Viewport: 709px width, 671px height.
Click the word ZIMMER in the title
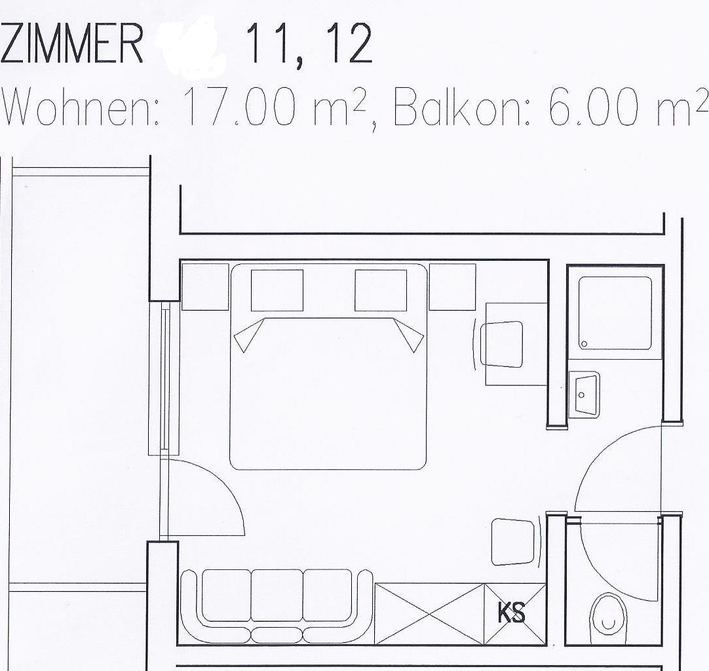(72, 44)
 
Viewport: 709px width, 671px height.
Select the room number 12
(351, 44)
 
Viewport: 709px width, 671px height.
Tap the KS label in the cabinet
(511, 613)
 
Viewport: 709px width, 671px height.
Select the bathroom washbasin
(584, 394)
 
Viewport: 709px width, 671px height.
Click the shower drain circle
(584, 344)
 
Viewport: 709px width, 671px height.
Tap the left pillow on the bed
(277, 290)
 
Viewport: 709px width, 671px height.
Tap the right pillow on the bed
(381, 290)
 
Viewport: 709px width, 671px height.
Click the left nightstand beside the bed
(205, 287)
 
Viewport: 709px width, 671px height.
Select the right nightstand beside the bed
(452, 287)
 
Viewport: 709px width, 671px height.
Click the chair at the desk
(501, 345)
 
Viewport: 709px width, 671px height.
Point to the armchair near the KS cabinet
(516, 542)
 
